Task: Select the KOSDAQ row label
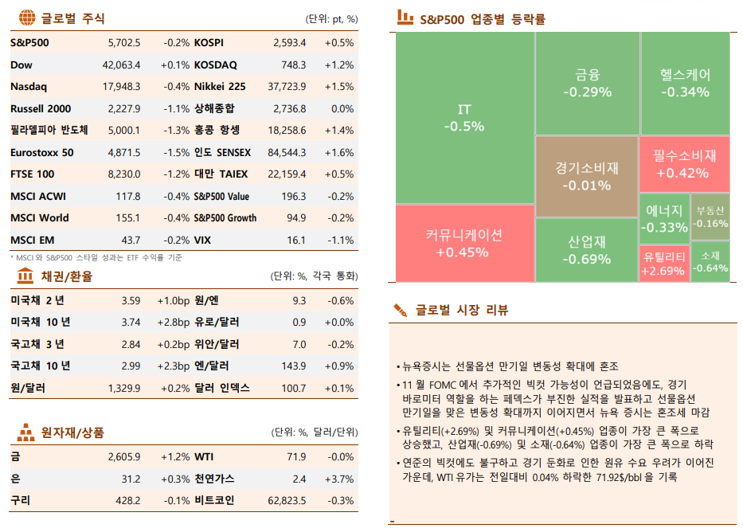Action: coord(215,65)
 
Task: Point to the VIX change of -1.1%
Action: coord(341,240)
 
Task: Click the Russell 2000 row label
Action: coord(41,108)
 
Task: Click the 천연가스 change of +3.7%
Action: coord(341,479)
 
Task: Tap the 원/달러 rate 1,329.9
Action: coord(123,388)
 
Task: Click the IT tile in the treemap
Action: coord(464,117)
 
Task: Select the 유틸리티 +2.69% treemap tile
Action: coord(663,264)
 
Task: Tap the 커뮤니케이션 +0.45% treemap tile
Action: coord(464,243)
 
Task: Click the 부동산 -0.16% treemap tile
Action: coord(710,217)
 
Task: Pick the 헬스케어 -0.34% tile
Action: coord(685,83)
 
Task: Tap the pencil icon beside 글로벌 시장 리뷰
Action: coord(401,310)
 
